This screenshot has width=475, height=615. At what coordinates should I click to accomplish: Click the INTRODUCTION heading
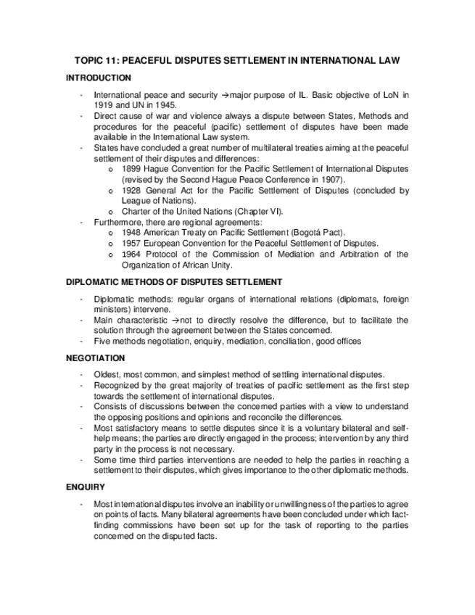(x=99, y=78)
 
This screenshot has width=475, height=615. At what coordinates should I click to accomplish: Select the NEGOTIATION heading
(x=95, y=358)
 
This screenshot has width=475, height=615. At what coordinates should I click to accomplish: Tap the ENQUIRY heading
(x=85, y=487)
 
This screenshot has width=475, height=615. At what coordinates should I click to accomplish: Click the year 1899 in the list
(x=131, y=169)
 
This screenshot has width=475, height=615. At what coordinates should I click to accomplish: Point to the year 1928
(x=131, y=191)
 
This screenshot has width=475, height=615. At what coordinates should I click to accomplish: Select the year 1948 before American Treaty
(x=131, y=233)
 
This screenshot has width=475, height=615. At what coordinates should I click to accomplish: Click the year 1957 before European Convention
(x=131, y=244)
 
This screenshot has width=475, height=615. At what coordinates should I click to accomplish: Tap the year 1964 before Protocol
(x=131, y=255)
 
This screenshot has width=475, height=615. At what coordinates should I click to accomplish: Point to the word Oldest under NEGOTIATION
(x=107, y=374)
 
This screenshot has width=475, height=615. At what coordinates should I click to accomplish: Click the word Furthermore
(x=117, y=222)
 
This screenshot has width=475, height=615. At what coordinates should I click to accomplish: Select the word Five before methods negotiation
(x=102, y=341)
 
